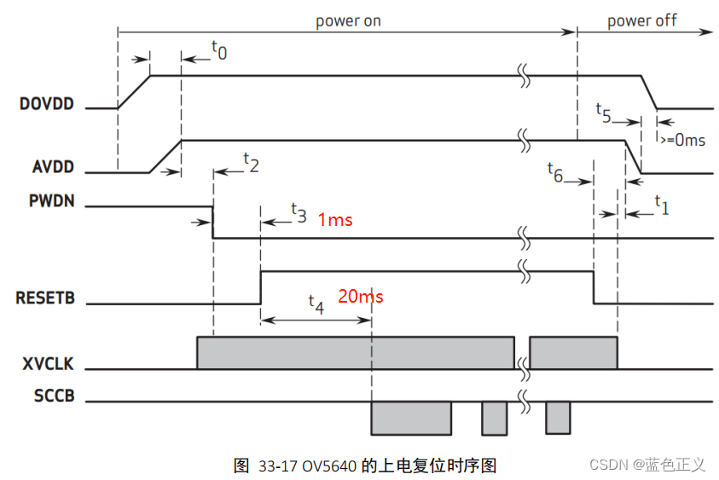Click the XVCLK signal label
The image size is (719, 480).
click(46, 364)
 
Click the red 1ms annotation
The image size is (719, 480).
click(335, 220)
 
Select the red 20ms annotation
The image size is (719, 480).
click(361, 297)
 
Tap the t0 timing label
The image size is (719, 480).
click(219, 52)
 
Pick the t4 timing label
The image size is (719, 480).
click(316, 303)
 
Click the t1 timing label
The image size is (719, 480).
click(662, 203)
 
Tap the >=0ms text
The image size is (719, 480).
click(681, 140)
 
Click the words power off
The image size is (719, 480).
click(641, 20)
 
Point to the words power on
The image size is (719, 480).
click(348, 20)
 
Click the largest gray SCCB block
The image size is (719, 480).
click(410, 418)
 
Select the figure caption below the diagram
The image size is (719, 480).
click(364, 466)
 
